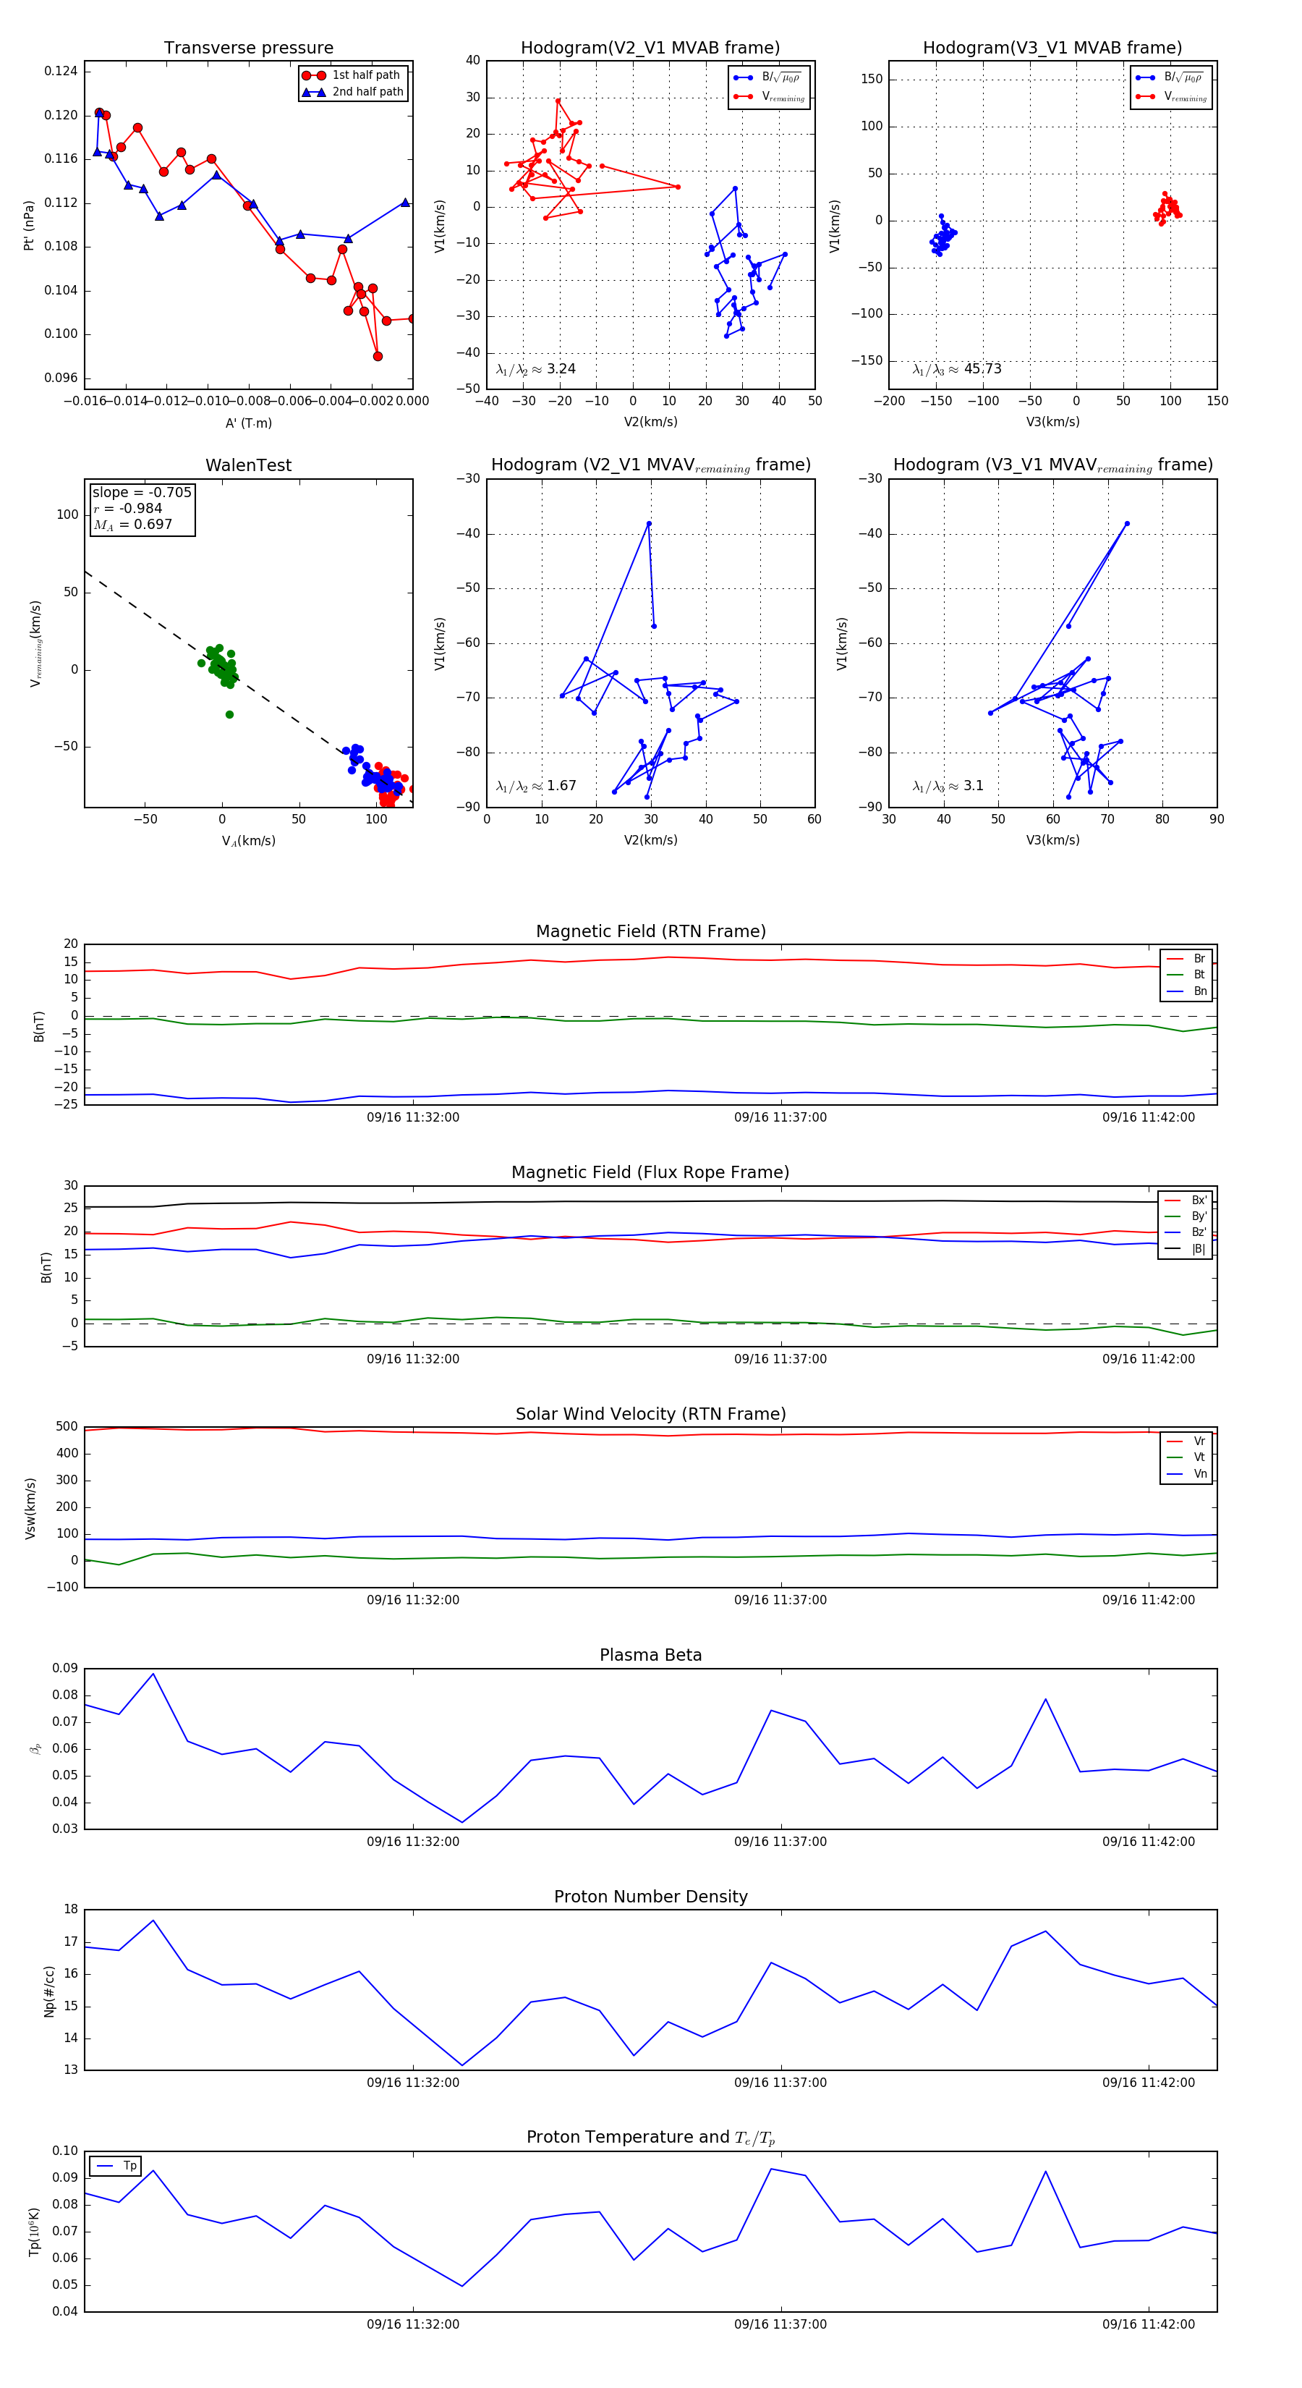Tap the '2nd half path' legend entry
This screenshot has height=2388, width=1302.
coord(367,92)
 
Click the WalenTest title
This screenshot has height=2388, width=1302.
coord(248,465)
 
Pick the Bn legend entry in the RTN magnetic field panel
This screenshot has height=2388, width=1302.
coord(1199,991)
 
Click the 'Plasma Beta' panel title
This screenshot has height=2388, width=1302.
coord(650,1655)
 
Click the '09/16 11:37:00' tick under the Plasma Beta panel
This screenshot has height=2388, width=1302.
coord(780,1841)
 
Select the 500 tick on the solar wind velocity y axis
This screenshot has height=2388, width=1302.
coord(67,1427)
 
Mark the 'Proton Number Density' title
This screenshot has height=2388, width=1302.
coord(650,1896)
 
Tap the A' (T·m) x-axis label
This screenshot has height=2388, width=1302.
coord(248,423)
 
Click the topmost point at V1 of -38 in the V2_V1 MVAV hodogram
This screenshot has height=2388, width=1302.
coord(649,524)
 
